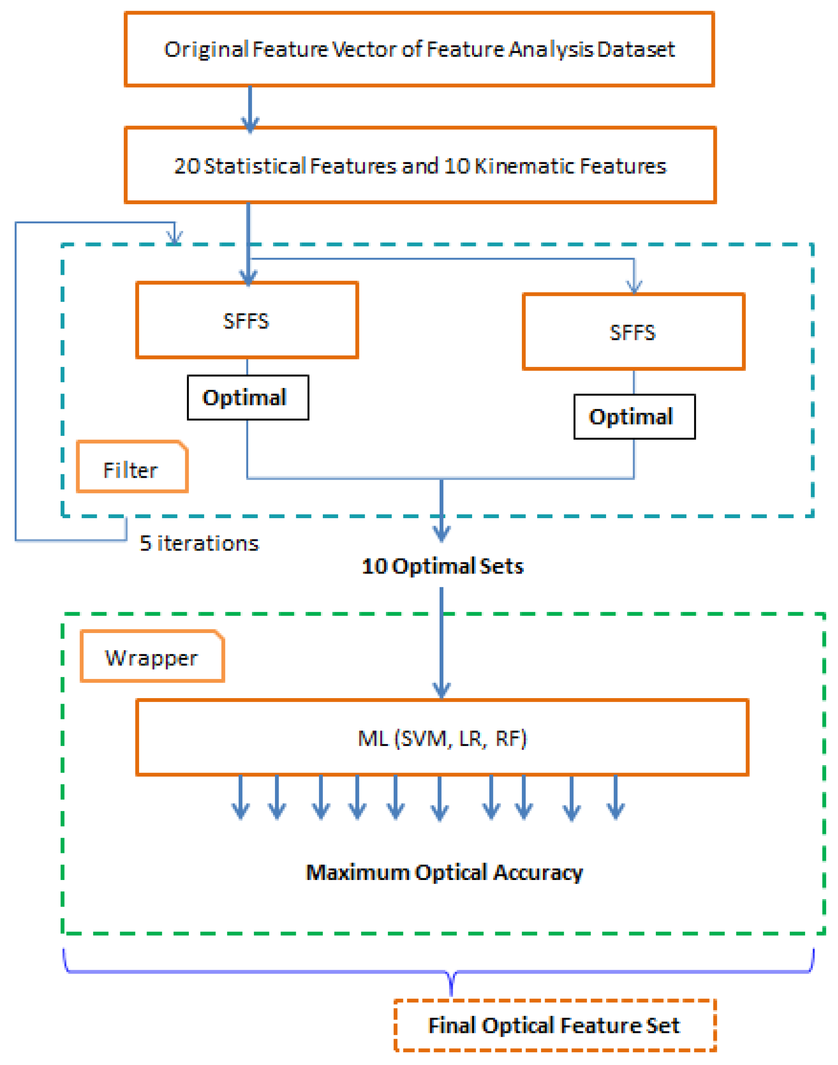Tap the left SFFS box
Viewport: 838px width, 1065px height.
point(247,321)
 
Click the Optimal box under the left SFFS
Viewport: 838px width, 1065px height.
point(248,398)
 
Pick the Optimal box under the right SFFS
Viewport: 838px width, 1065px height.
point(634,417)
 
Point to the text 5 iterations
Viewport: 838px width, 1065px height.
point(199,543)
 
